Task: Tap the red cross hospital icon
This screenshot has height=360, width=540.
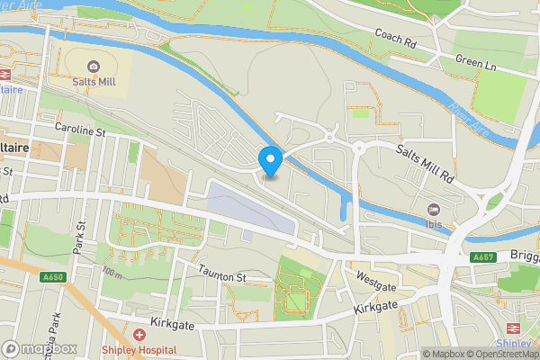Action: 138,334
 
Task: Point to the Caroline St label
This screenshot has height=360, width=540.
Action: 80,132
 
